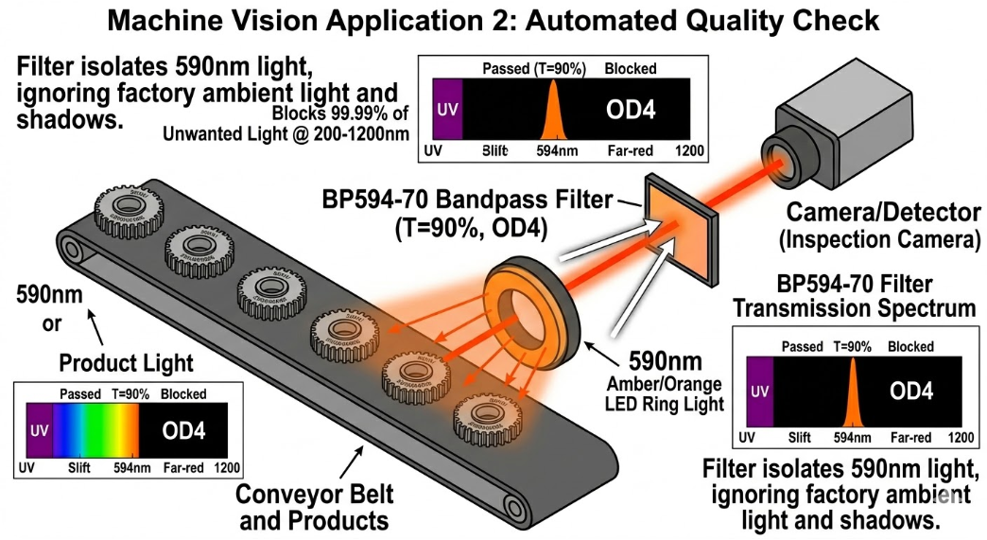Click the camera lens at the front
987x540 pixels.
pos(779,161)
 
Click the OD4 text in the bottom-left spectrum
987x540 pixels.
pos(183,430)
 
